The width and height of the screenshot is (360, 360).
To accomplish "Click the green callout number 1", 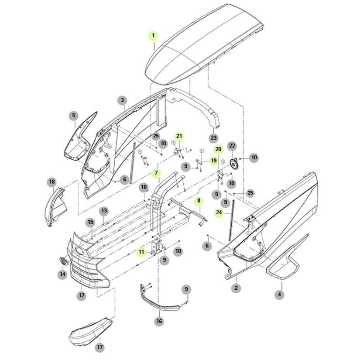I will pos(153,35).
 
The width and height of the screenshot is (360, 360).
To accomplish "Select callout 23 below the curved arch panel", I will pos(213,138).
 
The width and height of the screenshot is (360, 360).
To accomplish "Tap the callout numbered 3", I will pos(123,100).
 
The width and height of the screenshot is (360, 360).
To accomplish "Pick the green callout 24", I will pos(219,213).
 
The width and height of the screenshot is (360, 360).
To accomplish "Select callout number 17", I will pos(100,348).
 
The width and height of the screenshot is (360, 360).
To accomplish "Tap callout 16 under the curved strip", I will pos(159,321).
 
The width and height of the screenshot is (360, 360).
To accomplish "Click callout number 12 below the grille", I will pos(82,295).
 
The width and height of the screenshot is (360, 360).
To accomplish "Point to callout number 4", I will pos(280,295).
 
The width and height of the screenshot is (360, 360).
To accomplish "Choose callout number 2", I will pos(236,288).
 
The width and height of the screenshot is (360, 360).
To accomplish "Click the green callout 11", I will pos(141,252).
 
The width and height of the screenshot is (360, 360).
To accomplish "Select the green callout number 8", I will pos(199,201).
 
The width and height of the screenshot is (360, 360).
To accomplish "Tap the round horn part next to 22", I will pos(235,163).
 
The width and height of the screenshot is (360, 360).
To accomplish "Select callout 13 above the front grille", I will pos(104,211).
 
